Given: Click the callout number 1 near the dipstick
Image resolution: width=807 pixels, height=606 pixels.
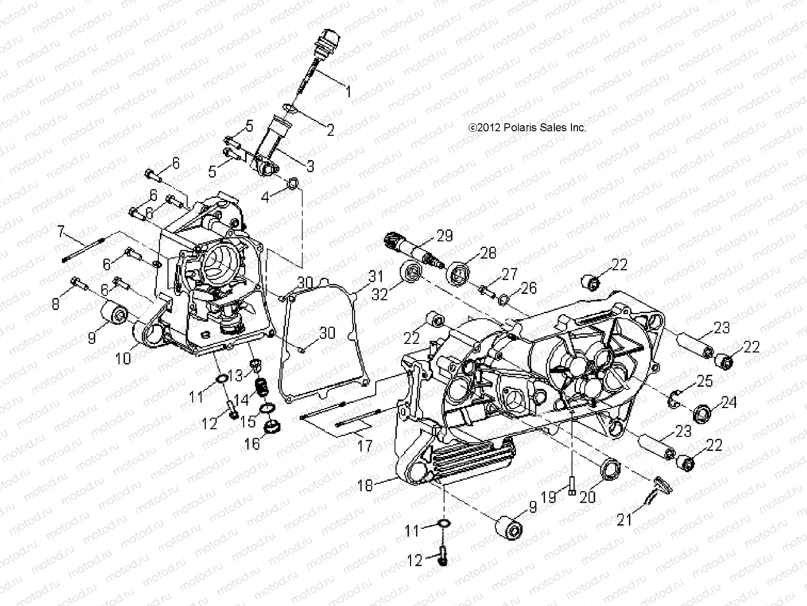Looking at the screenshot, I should (x=362, y=91).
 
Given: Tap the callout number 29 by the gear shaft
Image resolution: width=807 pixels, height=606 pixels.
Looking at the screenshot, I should (x=444, y=235).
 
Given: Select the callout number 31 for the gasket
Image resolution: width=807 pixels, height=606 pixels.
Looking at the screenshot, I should (x=375, y=276).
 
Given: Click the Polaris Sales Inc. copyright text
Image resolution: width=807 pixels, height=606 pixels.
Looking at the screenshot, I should (x=528, y=128).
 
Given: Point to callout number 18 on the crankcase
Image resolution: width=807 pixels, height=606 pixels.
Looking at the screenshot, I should (x=365, y=486).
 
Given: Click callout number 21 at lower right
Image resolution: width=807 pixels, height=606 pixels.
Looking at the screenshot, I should (x=624, y=520).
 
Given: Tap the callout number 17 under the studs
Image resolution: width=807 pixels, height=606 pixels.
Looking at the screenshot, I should (x=365, y=446).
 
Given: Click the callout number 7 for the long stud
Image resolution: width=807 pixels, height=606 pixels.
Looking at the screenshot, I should (x=62, y=232).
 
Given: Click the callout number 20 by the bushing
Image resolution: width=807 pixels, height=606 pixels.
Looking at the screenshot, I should (x=587, y=497).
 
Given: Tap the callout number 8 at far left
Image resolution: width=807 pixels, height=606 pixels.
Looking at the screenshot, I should (x=54, y=304).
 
